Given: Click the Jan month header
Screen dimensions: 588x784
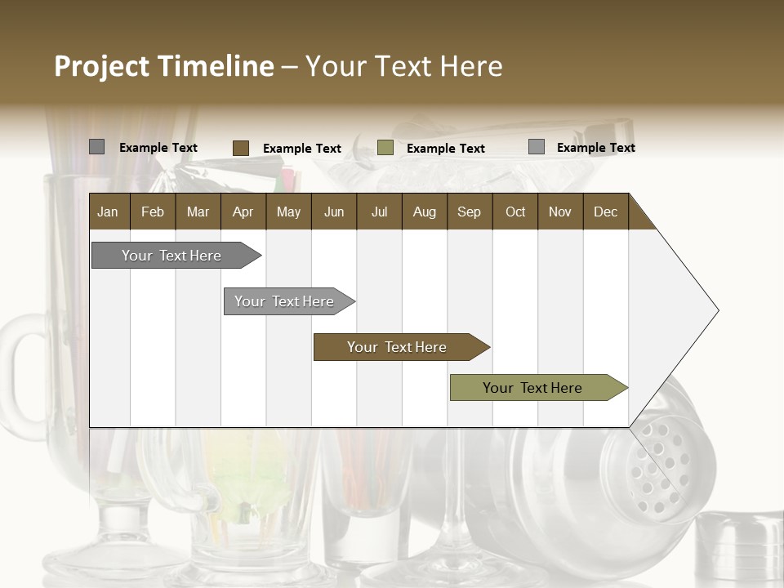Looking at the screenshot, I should pyautogui.click(x=108, y=212).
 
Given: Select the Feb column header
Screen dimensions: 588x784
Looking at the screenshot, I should pyautogui.click(x=153, y=212).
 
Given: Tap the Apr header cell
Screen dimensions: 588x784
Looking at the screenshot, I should pyautogui.click(x=243, y=212).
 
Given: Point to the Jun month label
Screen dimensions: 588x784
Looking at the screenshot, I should pyautogui.click(x=334, y=212).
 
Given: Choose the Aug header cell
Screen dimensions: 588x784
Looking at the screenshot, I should pyautogui.click(x=424, y=212).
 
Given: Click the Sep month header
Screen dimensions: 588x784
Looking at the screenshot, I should pyautogui.click(x=469, y=212).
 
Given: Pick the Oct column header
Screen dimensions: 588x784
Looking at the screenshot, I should pyautogui.click(x=515, y=212).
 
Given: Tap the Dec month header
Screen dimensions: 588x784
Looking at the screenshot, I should pyautogui.click(x=605, y=212).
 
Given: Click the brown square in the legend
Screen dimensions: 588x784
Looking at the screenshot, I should pyautogui.click(x=241, y=148).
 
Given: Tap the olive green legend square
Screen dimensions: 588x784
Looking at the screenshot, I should pyautogui.click(x=385, y=148).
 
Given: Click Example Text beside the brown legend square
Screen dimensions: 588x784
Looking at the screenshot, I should pyautogui.click(x=302, y=149).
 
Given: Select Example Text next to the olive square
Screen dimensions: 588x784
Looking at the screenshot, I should pyautogui.click(x=446, y=149).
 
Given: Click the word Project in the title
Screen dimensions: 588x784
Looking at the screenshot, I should pyautogui.click(x=101, y=66).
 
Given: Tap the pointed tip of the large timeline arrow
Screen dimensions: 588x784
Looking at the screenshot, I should pyautogui.click(x=716, y=310).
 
